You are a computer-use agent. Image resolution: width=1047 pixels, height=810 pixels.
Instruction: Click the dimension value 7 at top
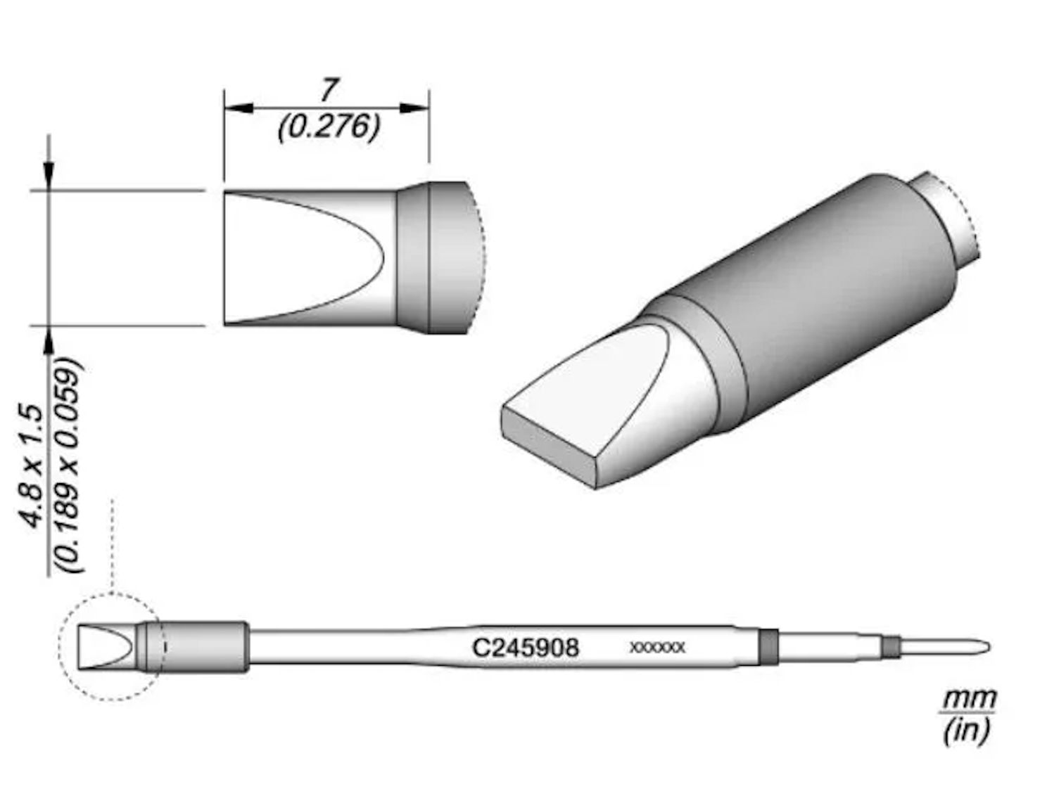(328, 91)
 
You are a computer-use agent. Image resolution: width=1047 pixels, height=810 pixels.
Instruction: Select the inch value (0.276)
(329, 127)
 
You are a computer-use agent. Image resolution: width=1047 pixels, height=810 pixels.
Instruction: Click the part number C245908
(525, 647)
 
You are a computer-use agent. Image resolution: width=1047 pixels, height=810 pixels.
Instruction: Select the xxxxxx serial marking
(656, 648)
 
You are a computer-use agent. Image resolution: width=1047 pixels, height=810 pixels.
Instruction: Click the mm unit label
(970, 700)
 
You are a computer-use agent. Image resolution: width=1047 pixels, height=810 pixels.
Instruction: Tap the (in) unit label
(966, 731)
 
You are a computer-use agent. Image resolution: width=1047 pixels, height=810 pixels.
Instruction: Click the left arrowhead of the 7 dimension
(238, 108)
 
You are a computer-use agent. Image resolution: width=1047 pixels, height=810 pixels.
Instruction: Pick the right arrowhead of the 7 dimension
(415, 108)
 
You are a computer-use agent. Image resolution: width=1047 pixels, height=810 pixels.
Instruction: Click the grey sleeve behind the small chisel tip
(204, 647)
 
